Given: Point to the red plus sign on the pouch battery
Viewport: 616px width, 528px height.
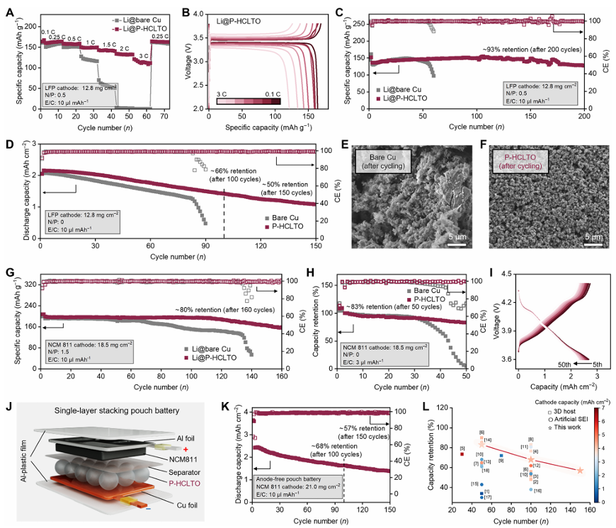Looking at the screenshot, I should tap(186, 449).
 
